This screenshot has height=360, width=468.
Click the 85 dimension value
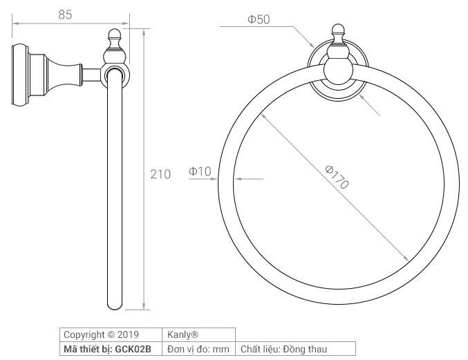pos(65,15)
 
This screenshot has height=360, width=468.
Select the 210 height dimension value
pos(160,174)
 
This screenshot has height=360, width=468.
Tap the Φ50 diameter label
pos(259,19)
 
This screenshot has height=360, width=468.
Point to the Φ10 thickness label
pos(200,171)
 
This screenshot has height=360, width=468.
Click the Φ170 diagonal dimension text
pos(337,177)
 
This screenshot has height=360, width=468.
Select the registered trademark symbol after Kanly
pos(195,334)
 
